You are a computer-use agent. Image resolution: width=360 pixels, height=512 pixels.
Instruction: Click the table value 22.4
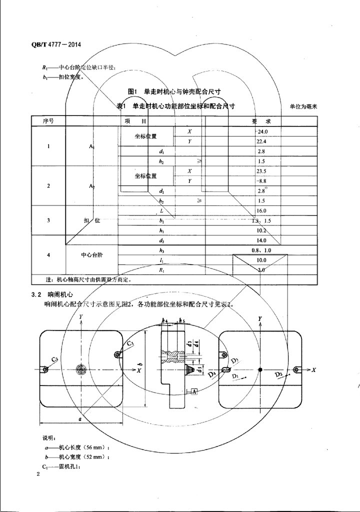pos(261,141)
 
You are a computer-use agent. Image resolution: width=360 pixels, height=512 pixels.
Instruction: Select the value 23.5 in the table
pos(261,171)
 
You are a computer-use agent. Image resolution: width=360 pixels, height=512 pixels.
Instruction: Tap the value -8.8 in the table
pos(261,181)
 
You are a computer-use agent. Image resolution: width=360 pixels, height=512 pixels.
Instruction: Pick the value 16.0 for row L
pos(261,210)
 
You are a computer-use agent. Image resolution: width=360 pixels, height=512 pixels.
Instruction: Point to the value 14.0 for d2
pos(261,240)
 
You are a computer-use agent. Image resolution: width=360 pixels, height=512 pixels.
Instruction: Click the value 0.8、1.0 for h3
pos(261,250)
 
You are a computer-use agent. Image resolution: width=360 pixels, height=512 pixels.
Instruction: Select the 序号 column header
pos(48,121)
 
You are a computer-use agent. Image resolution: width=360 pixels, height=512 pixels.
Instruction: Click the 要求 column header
pos(261,121)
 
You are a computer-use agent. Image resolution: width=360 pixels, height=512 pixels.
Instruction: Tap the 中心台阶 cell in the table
pos(91,255)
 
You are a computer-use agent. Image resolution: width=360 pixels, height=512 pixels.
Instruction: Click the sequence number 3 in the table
pos(48,220)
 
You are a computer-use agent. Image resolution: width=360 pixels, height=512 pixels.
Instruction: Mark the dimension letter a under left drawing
pos(80,419)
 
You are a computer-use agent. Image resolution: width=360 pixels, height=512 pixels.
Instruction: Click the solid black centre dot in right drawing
pos(260,369)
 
